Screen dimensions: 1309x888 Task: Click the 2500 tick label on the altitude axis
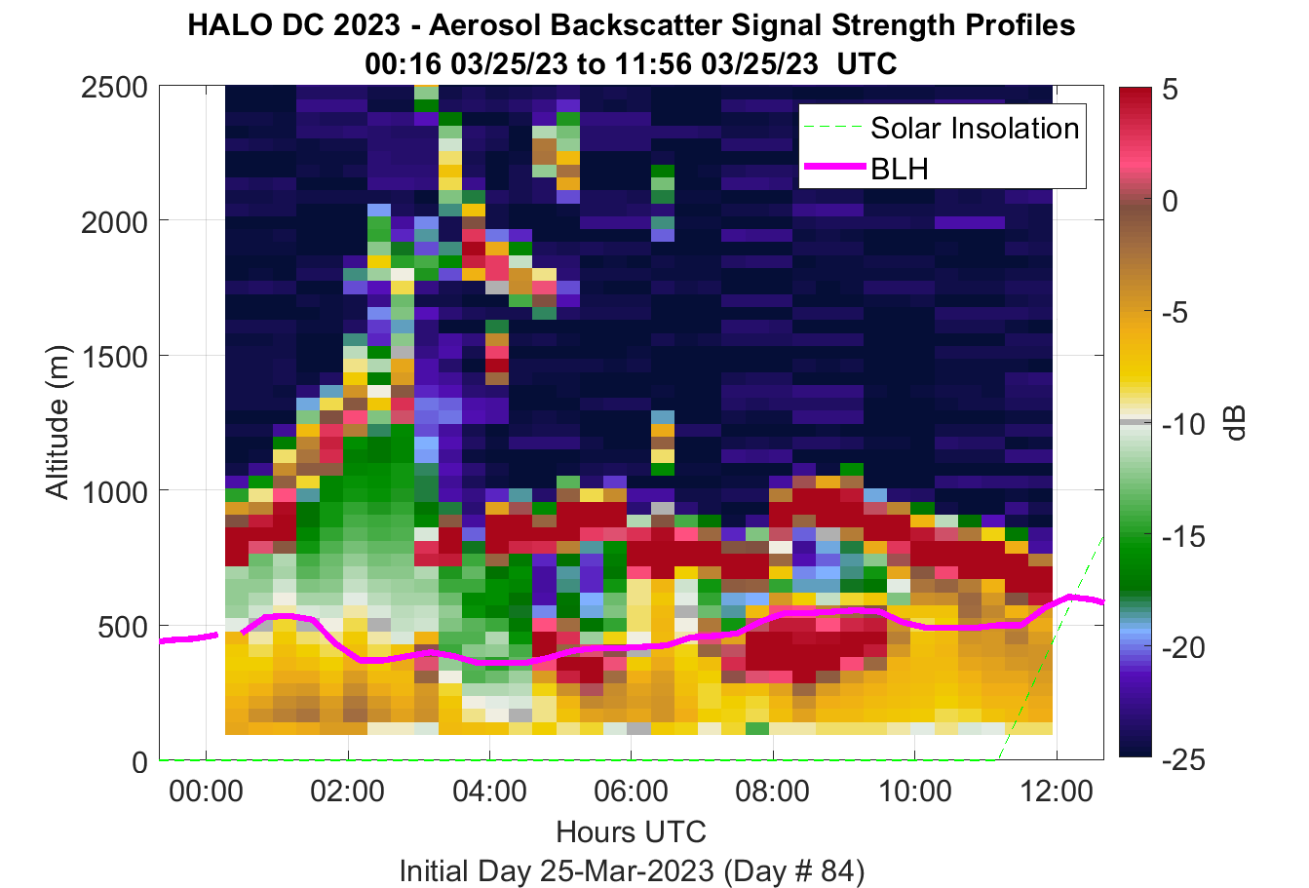(114, 89)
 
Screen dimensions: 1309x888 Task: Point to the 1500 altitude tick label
(114, 357)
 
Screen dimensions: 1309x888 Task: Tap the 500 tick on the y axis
(123, 628)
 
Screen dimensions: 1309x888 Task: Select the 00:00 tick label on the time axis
(206, 791)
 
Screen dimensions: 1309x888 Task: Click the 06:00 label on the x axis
(632, 791)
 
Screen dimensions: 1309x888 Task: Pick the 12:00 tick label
(1056, 791)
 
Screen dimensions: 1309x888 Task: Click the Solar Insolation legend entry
(975, 128)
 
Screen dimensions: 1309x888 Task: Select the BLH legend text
(900, 169)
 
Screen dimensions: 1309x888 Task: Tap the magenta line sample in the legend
(834, 167)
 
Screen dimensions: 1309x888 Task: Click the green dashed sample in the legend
(834, 127)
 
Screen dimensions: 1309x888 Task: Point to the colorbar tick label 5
(1170, 90)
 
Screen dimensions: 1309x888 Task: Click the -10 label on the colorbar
(1183, 424)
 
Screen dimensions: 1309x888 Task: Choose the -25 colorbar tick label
(1183, 760)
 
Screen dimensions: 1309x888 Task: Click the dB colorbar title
(1234, 423)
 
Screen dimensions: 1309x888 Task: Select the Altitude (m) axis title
(58, 422)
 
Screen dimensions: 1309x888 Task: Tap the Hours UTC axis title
(632, 831)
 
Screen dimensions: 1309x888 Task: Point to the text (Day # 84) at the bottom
(794, 871)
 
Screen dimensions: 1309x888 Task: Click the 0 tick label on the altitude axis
(139, 762)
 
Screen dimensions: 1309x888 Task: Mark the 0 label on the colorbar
(1170, 201)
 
